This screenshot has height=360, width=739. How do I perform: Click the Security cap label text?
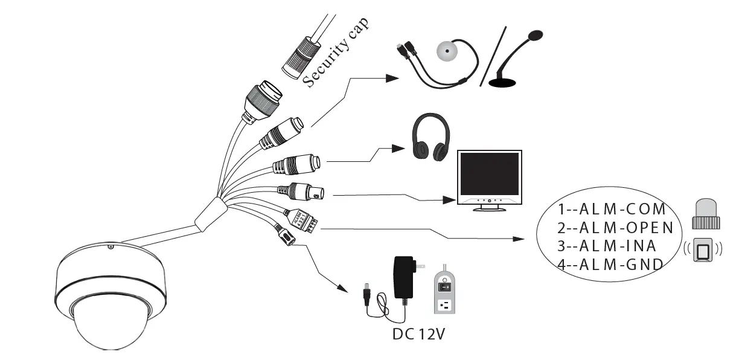[x=336, y=53]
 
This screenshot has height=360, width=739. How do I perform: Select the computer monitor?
[x=490, y=180]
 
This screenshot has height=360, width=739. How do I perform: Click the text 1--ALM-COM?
[x=611, y=210]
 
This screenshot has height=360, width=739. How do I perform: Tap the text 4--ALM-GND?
[x=610, y=264]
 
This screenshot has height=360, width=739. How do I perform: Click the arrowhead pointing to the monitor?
[x=448, y=200]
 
